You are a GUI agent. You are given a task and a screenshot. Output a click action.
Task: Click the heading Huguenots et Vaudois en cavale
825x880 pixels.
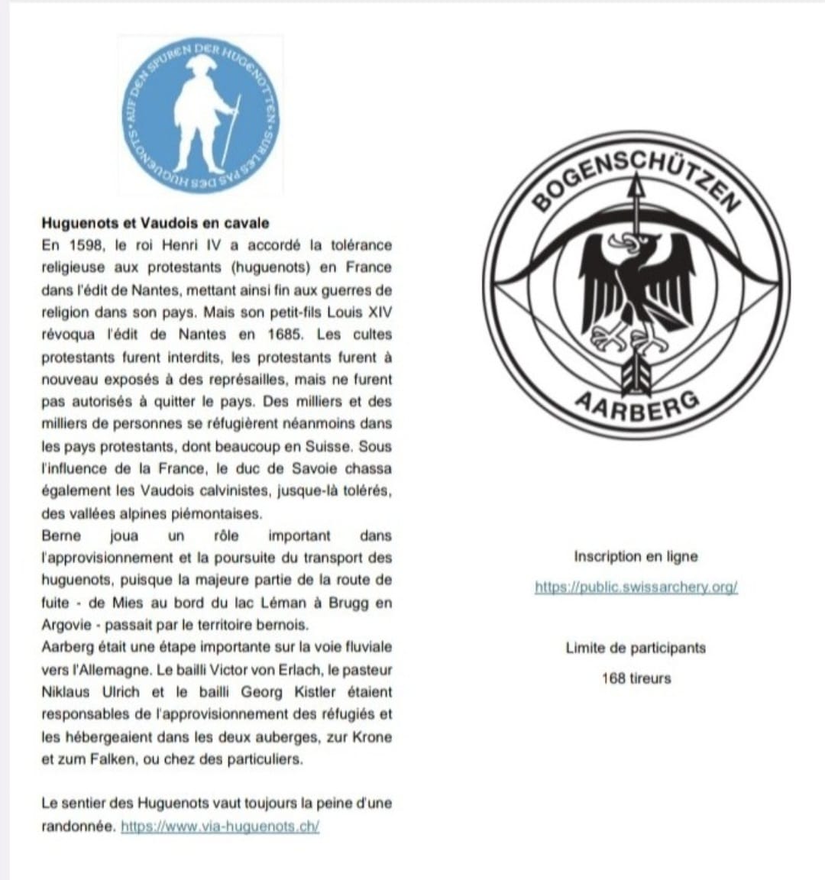tap(155, 223)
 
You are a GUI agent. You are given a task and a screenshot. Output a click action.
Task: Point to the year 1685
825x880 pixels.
tap(284, 335)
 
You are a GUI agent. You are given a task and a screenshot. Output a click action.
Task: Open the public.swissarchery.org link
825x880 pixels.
tap(636, 587)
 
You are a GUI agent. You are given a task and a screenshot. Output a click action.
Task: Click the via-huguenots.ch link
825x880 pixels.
tap(220, 827)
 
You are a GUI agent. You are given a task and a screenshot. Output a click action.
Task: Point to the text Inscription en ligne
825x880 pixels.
tap(636, 557)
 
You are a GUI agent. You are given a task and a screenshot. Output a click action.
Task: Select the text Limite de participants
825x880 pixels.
tap(636, 649)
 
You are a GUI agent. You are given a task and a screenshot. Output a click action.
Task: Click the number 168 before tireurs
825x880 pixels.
tap(613, 678)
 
